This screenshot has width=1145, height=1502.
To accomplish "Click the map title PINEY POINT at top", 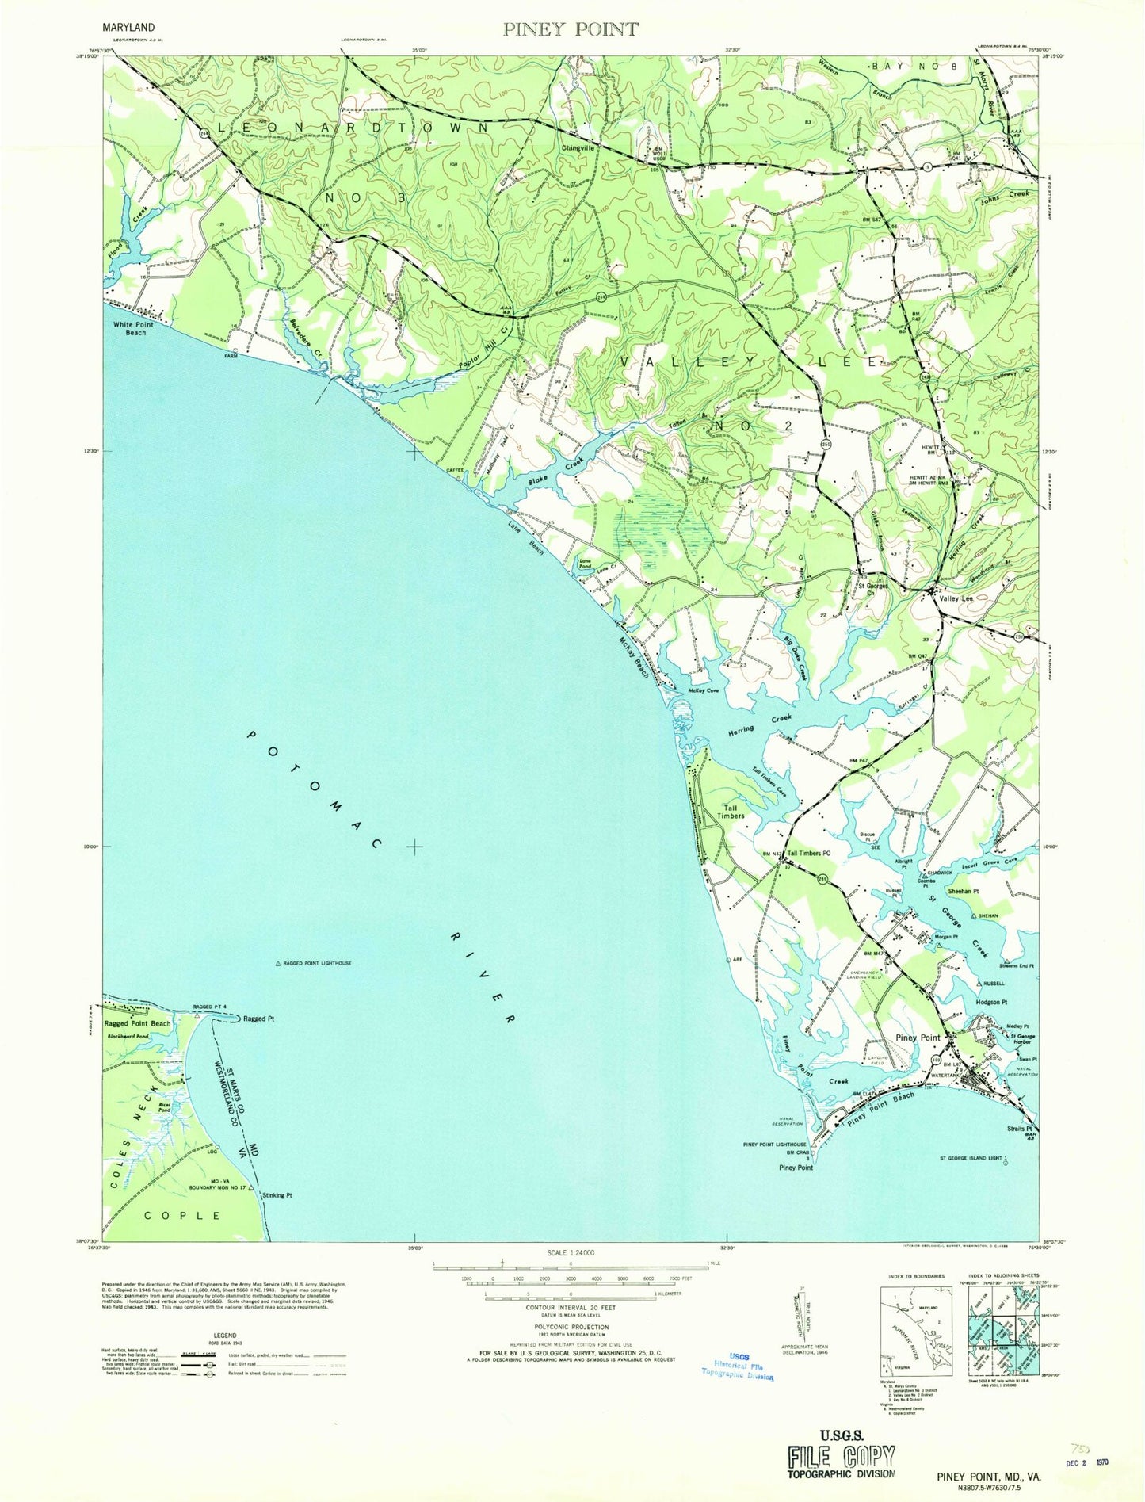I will (x=571, y=29).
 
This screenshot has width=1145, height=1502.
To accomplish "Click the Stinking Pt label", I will (x=277, y=1196).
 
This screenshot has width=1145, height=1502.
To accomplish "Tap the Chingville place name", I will (x=578, y=147).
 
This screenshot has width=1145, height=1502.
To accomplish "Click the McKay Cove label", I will (x=703, y=691).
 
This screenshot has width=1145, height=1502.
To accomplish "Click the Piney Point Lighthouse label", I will (x=774, y=1145).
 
